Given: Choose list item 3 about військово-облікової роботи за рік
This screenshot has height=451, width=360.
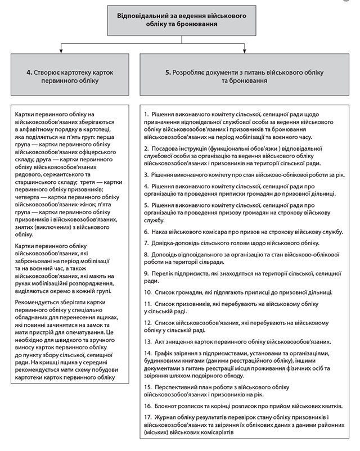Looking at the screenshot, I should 244,175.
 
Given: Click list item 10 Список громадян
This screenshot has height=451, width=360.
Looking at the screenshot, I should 238,292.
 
